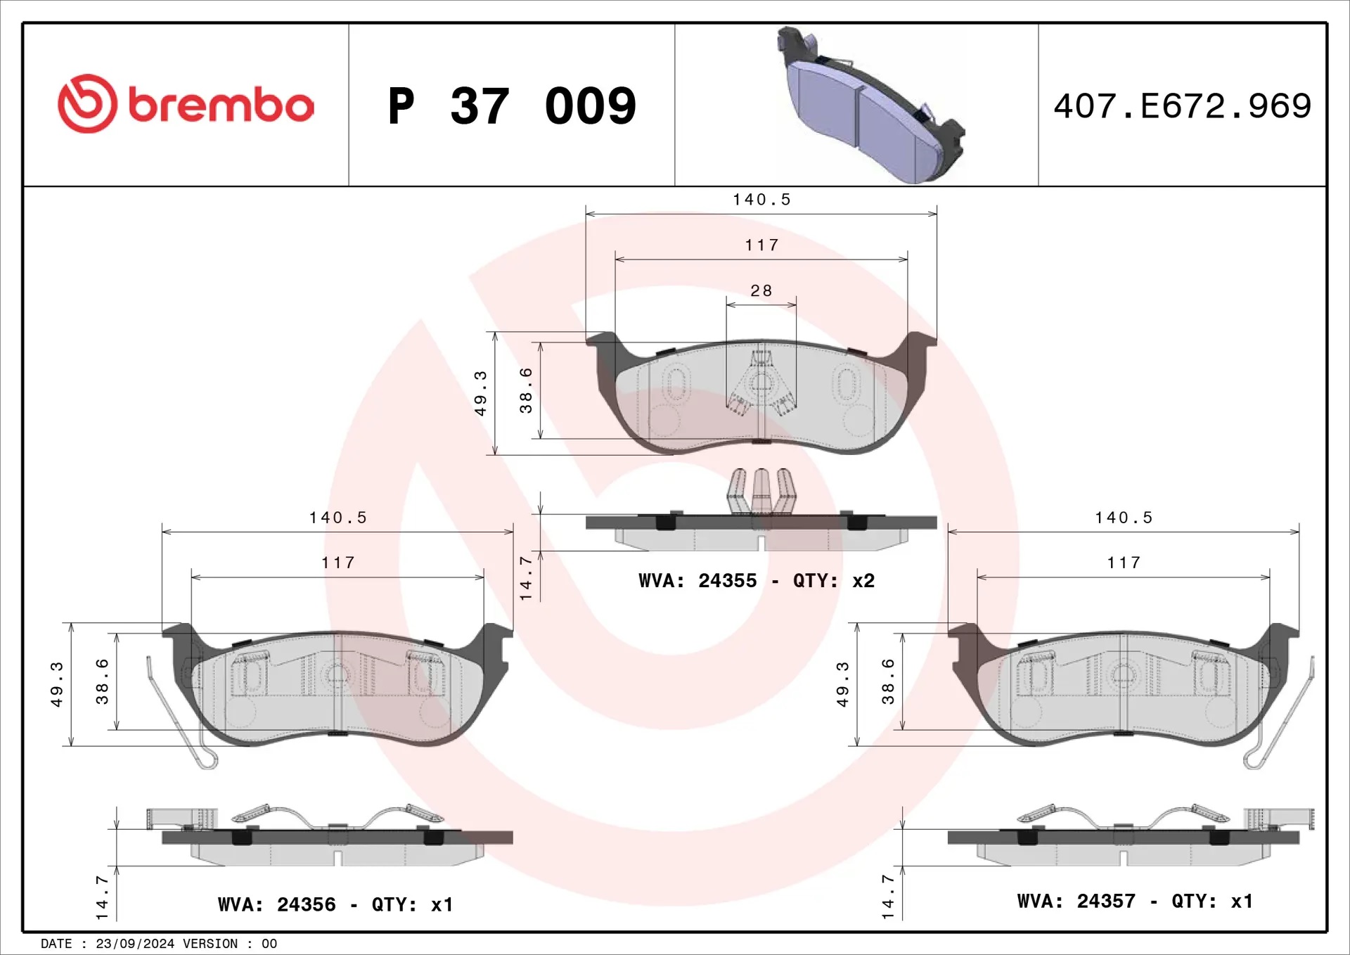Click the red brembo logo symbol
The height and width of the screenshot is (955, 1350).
click(87, 103)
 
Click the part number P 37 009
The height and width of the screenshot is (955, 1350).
click(512, 106)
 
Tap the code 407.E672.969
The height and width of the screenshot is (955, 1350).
click(1183, 106)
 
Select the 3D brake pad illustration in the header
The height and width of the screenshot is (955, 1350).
click(870, 105)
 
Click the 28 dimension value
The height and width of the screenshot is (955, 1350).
click(761, 290)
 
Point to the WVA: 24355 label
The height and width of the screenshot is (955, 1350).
click(697, 581)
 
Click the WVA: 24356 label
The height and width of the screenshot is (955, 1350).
click(277, 904)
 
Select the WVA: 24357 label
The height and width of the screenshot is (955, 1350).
click(1076, 902)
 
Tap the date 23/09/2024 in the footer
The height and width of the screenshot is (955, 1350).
click(135, 944)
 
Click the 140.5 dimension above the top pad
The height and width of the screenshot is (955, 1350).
click(762, 200)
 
